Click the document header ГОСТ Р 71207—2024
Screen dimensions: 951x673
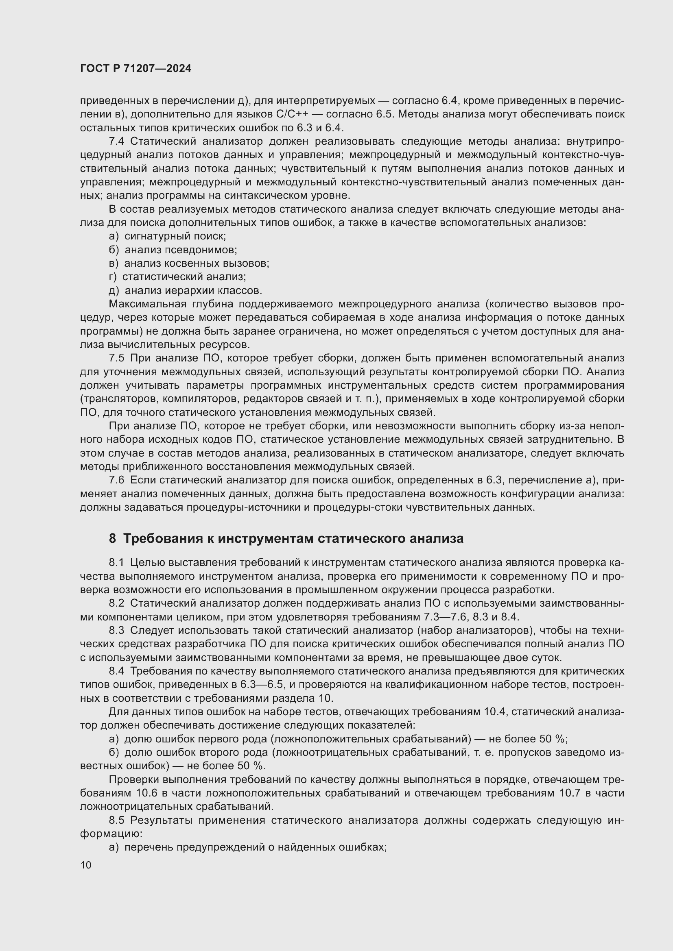point(135,69)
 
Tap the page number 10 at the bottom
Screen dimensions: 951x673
point(86,865)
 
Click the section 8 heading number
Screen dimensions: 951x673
point(112,538)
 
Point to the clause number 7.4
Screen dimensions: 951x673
point(116,141)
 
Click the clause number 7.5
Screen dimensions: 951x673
point(116,358)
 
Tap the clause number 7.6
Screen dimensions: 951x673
point(116,481)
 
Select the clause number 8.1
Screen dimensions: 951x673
point(116,562)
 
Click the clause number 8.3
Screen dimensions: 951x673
point(116,631)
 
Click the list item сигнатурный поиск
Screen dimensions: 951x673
point(175,237)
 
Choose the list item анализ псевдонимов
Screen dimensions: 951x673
point(181,250)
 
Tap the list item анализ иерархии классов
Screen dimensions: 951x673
point(193,290)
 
